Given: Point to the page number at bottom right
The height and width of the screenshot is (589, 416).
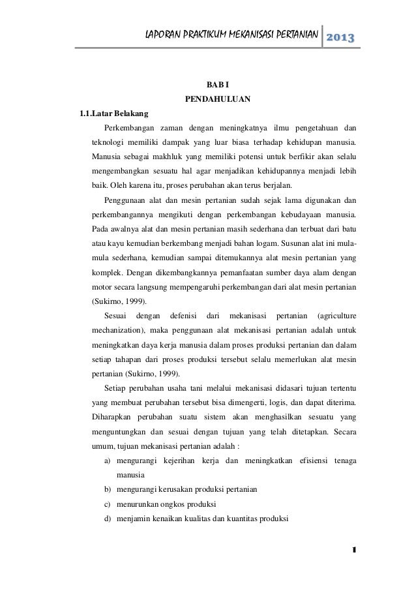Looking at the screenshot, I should (353, 550).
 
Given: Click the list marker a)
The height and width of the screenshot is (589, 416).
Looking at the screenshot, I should (107, 461).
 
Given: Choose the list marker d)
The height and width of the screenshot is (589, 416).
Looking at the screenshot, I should (107, 519).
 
